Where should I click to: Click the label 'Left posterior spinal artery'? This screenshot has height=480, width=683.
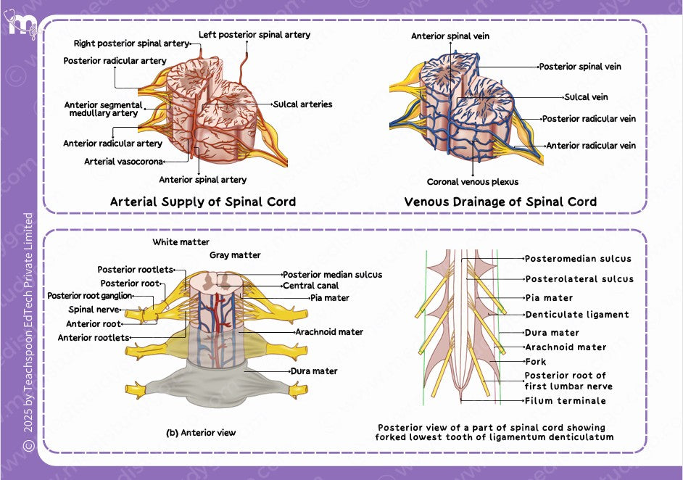point(254,34)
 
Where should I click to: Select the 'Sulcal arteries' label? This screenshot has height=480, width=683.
point(302,104)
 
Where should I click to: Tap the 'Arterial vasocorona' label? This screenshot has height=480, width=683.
point(123,162)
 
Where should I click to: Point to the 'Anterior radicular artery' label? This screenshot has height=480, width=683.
point(112,144)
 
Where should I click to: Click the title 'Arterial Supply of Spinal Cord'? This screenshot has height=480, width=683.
point(203,202)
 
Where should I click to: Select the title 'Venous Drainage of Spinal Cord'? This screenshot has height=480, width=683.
point(500,202)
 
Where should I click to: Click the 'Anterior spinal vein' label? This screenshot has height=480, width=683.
point(450,36)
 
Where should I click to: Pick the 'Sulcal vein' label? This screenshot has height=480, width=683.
point(586,97)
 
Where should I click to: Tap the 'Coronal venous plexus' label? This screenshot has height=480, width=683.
point(472,182)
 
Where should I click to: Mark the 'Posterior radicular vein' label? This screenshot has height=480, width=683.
point(589,119)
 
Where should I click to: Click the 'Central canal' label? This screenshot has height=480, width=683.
point(310,286)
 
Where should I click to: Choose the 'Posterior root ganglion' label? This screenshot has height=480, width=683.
point(90,296)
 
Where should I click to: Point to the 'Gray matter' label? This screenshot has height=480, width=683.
point(235,255)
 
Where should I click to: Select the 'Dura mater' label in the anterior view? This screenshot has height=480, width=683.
point(314,371)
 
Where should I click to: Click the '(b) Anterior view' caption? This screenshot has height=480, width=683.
point(201,433)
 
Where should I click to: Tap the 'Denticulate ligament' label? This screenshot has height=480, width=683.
point(576,315)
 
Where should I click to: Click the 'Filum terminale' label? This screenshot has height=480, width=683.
point(565,400)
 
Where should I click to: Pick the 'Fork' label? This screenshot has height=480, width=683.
point(535,361)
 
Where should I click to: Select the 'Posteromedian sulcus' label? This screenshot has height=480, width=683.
point(578,259)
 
